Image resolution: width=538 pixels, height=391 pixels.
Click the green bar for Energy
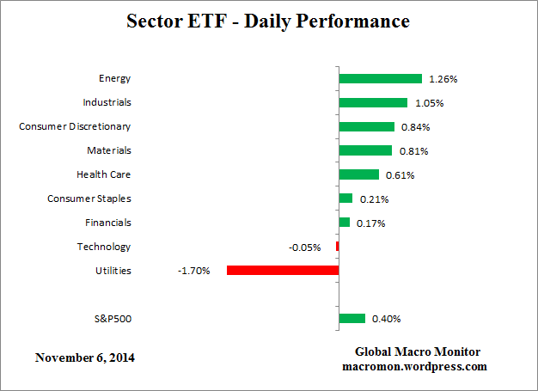(380, 78)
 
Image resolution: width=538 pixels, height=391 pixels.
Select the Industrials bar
(373, 102)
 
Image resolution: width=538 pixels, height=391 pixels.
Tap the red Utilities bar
(283, 271)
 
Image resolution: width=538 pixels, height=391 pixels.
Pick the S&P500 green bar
(352, 319)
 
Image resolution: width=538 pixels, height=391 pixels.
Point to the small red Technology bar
(338, 247)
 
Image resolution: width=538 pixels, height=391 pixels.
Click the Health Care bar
(359, 174)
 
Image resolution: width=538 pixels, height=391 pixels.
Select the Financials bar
(345, 223)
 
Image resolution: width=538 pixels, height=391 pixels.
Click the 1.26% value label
(443, 79)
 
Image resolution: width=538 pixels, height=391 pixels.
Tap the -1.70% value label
(193, 272)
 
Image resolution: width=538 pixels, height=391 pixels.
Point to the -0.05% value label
(305, 247)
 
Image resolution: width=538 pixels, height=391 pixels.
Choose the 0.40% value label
(386, 319)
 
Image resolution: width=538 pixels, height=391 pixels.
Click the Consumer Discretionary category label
(75, 126)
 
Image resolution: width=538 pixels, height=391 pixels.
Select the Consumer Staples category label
(89, 199)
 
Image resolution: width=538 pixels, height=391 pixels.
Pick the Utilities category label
(113, 271)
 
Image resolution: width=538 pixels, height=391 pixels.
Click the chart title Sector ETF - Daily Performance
(268, 20)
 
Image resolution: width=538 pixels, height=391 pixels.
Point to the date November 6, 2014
(85, 357)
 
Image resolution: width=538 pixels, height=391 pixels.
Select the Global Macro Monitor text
(418, 352)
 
